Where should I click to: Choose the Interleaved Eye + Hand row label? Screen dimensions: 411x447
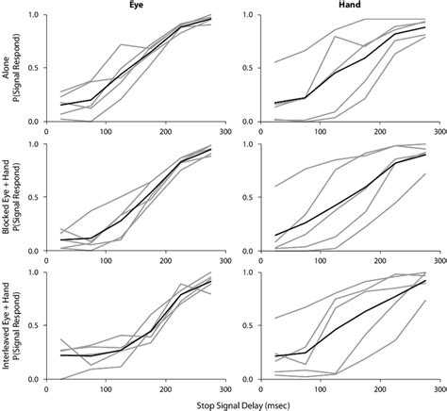click(x=8, y=325)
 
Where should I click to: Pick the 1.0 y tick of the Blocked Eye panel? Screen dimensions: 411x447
click(x=35, y=144)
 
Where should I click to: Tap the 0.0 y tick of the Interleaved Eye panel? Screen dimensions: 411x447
click(x=35, y=380)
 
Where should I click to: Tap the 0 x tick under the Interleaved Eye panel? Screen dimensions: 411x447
click(x=47, y=389)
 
